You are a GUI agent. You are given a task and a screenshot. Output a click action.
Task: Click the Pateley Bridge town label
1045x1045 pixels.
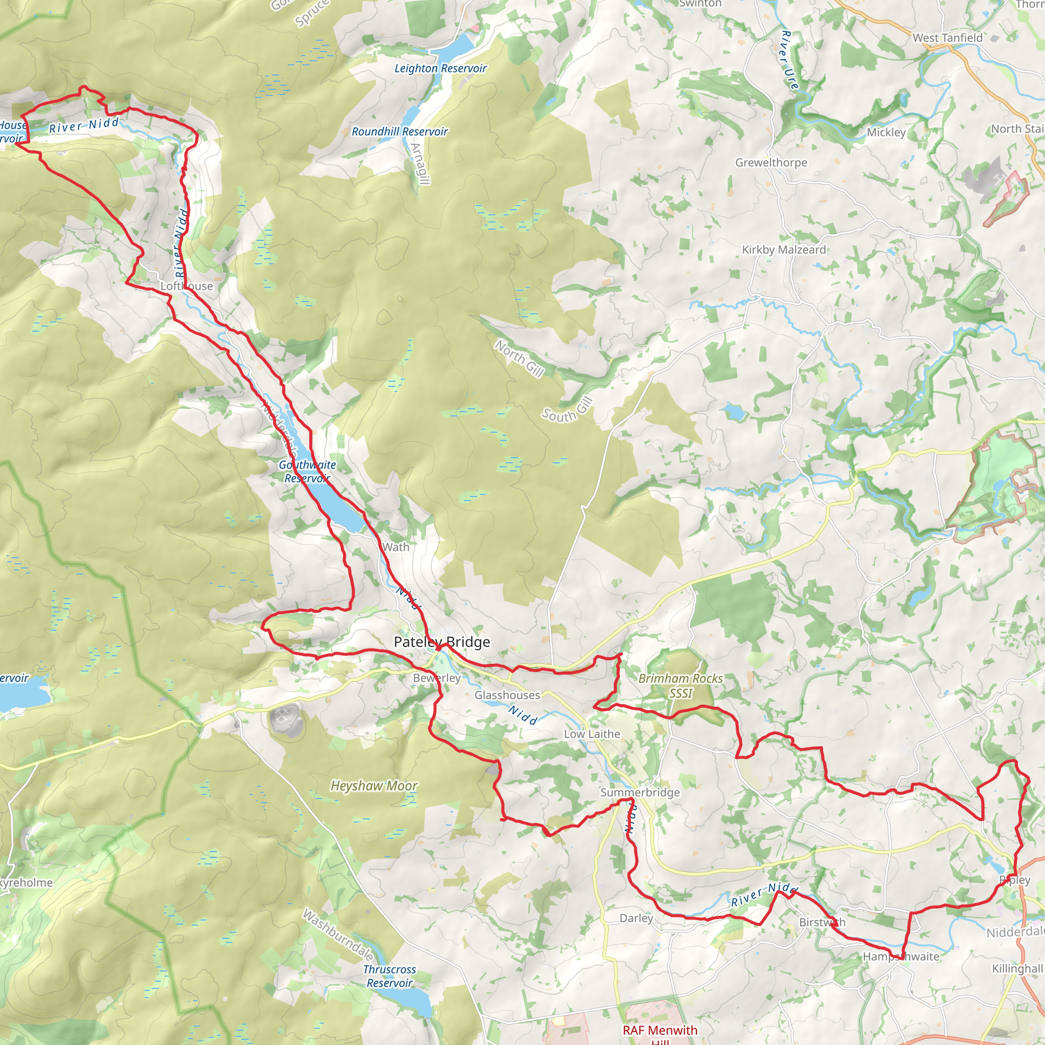pyautogui.click(x=441, y=642)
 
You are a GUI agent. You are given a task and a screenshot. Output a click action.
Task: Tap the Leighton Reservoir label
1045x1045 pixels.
pyautogui.click(x=440, y=69)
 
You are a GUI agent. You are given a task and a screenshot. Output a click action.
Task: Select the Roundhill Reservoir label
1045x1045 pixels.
pyautogui.click(x=400, y=132)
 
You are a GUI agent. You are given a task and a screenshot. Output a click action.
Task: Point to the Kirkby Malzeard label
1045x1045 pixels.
pyautogui.click(x=784, y=250)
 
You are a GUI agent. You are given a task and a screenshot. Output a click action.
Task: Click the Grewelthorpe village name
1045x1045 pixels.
pyautogui.click(x=771, y=163)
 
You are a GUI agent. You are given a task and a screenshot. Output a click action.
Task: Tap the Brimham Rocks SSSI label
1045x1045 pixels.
pyautogui.click(x=681, y=685)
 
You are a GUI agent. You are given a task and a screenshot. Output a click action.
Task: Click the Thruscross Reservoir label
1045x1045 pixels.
pyautogui.click(x=389, y=976)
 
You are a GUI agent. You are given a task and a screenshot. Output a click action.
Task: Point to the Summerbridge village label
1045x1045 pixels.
pyautogui.click(x=640, y=792)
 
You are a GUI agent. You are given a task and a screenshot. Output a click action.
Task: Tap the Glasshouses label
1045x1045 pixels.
pyautogui.click(x=507, y=695)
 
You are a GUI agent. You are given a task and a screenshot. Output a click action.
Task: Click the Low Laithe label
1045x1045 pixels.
pyautogui.click(x=592, y=734)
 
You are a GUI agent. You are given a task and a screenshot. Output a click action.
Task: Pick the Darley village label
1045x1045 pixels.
pyautogui.click(x=636, y=918)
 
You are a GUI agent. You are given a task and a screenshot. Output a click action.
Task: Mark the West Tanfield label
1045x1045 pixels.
pyautogui.click(x=948, y=38)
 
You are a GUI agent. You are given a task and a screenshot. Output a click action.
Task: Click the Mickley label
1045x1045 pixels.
pyautogui.click(x=886, y=133)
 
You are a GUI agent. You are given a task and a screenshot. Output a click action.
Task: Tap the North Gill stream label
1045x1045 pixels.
pyautogui.click(x=519, y=358)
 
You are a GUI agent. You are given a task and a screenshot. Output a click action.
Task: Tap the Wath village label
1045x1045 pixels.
pyautogui.click(x=395, y=547)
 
